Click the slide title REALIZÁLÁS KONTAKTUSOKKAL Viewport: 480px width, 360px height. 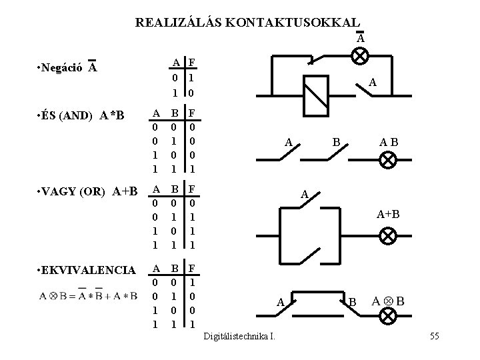[247, 22]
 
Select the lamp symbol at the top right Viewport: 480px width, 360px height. [360, 56]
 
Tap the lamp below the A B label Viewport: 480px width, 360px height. [388, 160]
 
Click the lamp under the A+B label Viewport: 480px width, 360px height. [388, 236]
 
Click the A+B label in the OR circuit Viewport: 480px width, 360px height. [388, 214]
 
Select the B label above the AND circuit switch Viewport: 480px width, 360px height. [337, 141]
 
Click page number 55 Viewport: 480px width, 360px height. [434, 335]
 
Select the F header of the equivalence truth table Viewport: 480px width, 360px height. [192, 269]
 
